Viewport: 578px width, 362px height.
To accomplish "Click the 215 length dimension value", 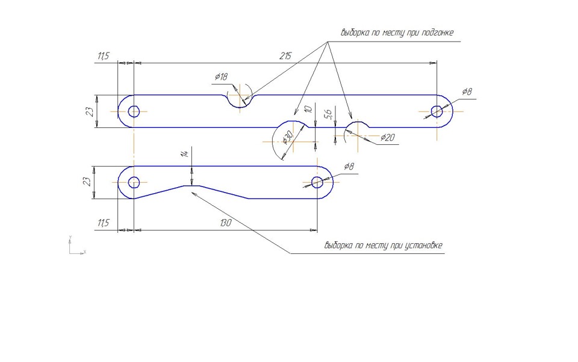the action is (285, 56).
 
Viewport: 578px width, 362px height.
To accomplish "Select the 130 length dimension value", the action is (226, 223).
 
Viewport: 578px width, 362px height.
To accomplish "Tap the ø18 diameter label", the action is (221, 77).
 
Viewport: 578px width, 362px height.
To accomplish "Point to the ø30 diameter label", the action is (288, 137).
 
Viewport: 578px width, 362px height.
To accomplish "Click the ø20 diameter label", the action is (387, 138).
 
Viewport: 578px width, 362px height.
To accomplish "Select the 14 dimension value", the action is (186, 153).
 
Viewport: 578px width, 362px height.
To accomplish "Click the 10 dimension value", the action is (308, 109).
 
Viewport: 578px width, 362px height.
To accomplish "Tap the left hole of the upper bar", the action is (134, 111).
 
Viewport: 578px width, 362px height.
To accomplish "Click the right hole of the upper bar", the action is (437, 111).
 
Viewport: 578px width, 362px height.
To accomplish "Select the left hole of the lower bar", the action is (134, 182).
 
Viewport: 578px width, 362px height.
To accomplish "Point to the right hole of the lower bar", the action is (317, 182).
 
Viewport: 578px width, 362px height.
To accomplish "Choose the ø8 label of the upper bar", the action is (467, 91).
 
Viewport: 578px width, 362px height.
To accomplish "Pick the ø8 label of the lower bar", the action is (349, 167).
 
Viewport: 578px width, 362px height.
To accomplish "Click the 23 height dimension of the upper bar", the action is (90, 112).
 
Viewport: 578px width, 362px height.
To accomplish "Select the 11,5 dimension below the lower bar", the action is (104, 223).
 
